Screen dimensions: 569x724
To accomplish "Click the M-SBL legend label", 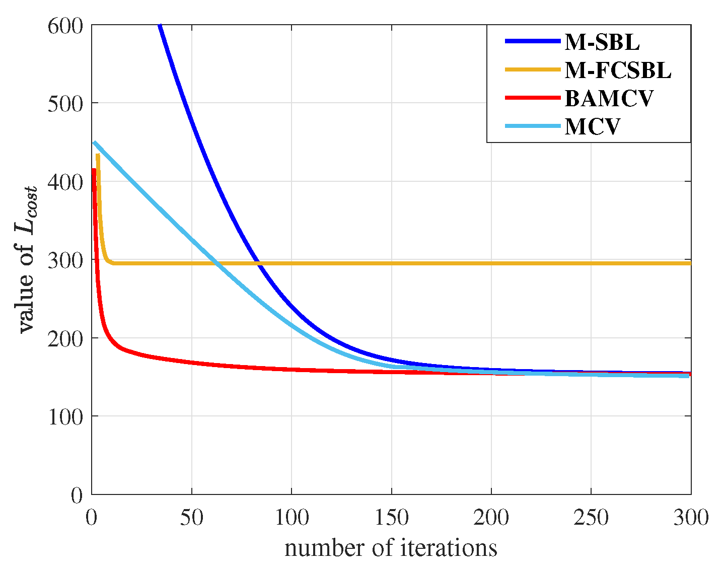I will pos(602,42).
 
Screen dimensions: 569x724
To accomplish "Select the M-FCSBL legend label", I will pos(618,70).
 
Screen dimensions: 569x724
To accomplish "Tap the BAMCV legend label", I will pos(609,98).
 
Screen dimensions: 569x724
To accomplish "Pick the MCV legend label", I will pos(592,126).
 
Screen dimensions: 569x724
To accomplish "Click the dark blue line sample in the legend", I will pos(533,42).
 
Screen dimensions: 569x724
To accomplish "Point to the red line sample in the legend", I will pos(533,98).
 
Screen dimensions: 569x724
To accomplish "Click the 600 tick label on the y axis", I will pos(65,26).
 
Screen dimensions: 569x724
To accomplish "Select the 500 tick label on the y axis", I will pos(65,103).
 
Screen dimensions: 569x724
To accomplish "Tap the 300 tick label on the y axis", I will pos(65,260).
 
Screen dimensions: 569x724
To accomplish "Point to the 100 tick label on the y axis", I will pos(65,416).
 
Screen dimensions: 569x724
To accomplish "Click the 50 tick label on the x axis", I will pos(191,517).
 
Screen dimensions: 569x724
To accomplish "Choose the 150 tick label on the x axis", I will pos(391,517).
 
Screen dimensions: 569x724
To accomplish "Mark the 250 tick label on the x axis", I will pos(591,517).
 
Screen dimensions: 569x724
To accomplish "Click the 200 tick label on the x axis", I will pos(491,517).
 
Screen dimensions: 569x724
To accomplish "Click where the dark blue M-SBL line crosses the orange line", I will pos(258,263).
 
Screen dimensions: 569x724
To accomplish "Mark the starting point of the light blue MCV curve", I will pos(94,143).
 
